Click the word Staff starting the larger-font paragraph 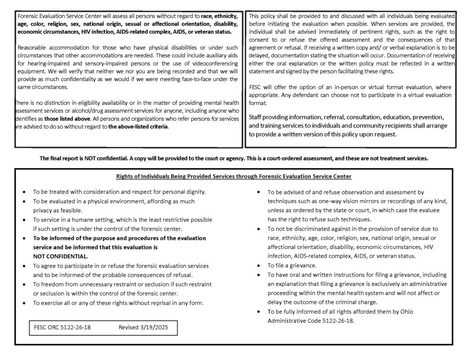click(x=257, y=117)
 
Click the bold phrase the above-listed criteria click(x=138, y=127)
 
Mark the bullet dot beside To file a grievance click(x=258, y=265)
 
